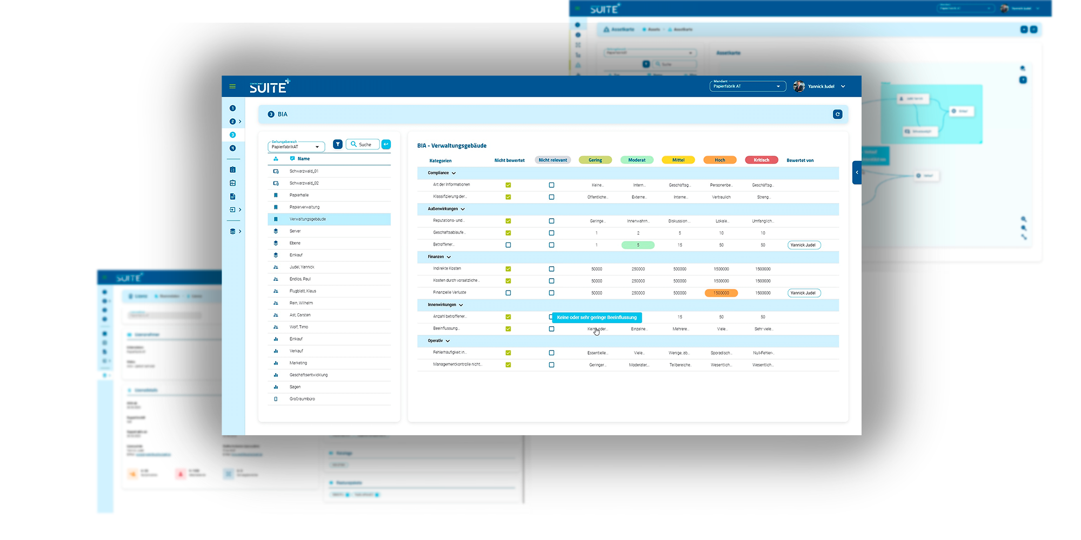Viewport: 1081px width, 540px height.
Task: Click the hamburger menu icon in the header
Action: coord(232,86)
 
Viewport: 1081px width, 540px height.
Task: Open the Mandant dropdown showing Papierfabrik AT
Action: coord(747,86)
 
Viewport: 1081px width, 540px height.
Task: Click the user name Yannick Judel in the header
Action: coord(821,86)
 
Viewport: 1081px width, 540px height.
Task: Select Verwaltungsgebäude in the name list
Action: coord(308,219)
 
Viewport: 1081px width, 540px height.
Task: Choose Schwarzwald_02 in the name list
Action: coord(304,183)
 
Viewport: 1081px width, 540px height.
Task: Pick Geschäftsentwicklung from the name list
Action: coord(308,375)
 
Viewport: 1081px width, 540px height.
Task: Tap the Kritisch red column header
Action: coord(761,160)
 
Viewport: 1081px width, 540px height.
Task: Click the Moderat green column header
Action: coord(637,160)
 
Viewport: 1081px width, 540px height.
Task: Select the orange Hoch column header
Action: coord(720,160)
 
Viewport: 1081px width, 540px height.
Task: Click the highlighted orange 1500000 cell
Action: coord(721,293)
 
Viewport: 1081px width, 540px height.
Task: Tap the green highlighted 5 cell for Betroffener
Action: coord(638,245)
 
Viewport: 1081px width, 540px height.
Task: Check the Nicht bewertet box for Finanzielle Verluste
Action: coord(508,293)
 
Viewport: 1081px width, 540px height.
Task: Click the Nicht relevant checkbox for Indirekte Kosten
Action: coord(551,269)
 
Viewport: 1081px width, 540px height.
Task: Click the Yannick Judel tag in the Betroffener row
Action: coord(803,245)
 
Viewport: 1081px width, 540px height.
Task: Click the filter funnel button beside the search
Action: coord(338,144)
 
